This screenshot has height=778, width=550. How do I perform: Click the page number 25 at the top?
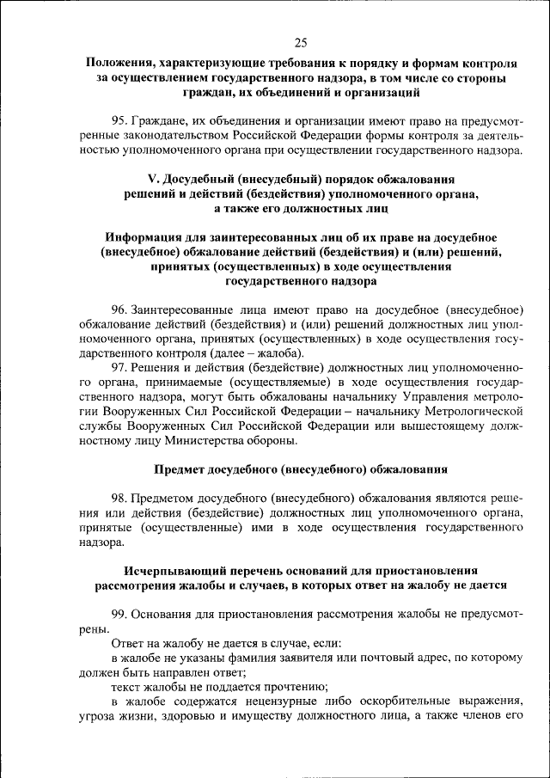[301, 43]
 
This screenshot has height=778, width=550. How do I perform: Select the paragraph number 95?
[119, 119]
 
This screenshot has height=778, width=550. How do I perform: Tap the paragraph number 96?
[119, 309]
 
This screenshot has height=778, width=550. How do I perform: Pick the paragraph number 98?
[119, 499]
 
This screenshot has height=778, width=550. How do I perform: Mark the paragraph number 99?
[119, 615]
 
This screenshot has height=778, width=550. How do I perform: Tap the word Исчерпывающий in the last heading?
[168, 570]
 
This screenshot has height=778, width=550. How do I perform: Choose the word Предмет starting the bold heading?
[179, 469]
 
